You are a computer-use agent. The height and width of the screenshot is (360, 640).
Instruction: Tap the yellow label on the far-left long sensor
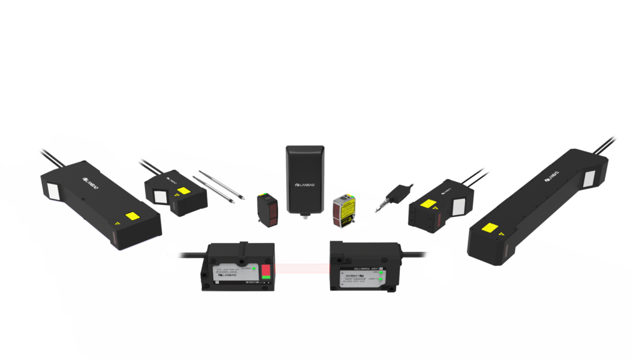point(132,217)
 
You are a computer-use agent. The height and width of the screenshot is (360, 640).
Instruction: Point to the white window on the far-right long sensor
point(591,179)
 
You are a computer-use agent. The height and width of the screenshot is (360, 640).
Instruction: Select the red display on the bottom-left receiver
point(266,272)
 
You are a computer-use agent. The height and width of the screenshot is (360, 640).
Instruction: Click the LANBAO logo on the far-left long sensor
point(91,179)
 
